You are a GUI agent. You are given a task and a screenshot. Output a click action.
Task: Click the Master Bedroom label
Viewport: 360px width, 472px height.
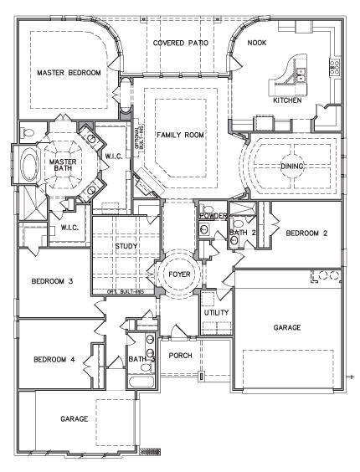[x=69, y=74]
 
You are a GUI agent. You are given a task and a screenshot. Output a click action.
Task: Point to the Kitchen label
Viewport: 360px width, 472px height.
[x=286, y=100]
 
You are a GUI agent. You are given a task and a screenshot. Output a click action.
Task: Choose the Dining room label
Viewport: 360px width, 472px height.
[x=292, y=166]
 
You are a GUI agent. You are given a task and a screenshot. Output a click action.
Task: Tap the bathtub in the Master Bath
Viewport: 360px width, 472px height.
[x=30, y=162]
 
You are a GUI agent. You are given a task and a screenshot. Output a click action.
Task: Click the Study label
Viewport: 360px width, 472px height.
[x=126, y=245]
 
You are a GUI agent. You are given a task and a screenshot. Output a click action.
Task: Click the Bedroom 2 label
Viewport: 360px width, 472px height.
[x=306, y=233]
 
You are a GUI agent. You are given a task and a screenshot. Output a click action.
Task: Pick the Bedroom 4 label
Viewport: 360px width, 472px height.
[x=54, y=360]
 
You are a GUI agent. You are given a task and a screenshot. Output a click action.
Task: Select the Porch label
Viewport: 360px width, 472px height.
[x=180, y=354]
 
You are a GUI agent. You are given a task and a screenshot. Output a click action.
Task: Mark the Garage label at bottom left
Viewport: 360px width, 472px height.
[x=74, y=418]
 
